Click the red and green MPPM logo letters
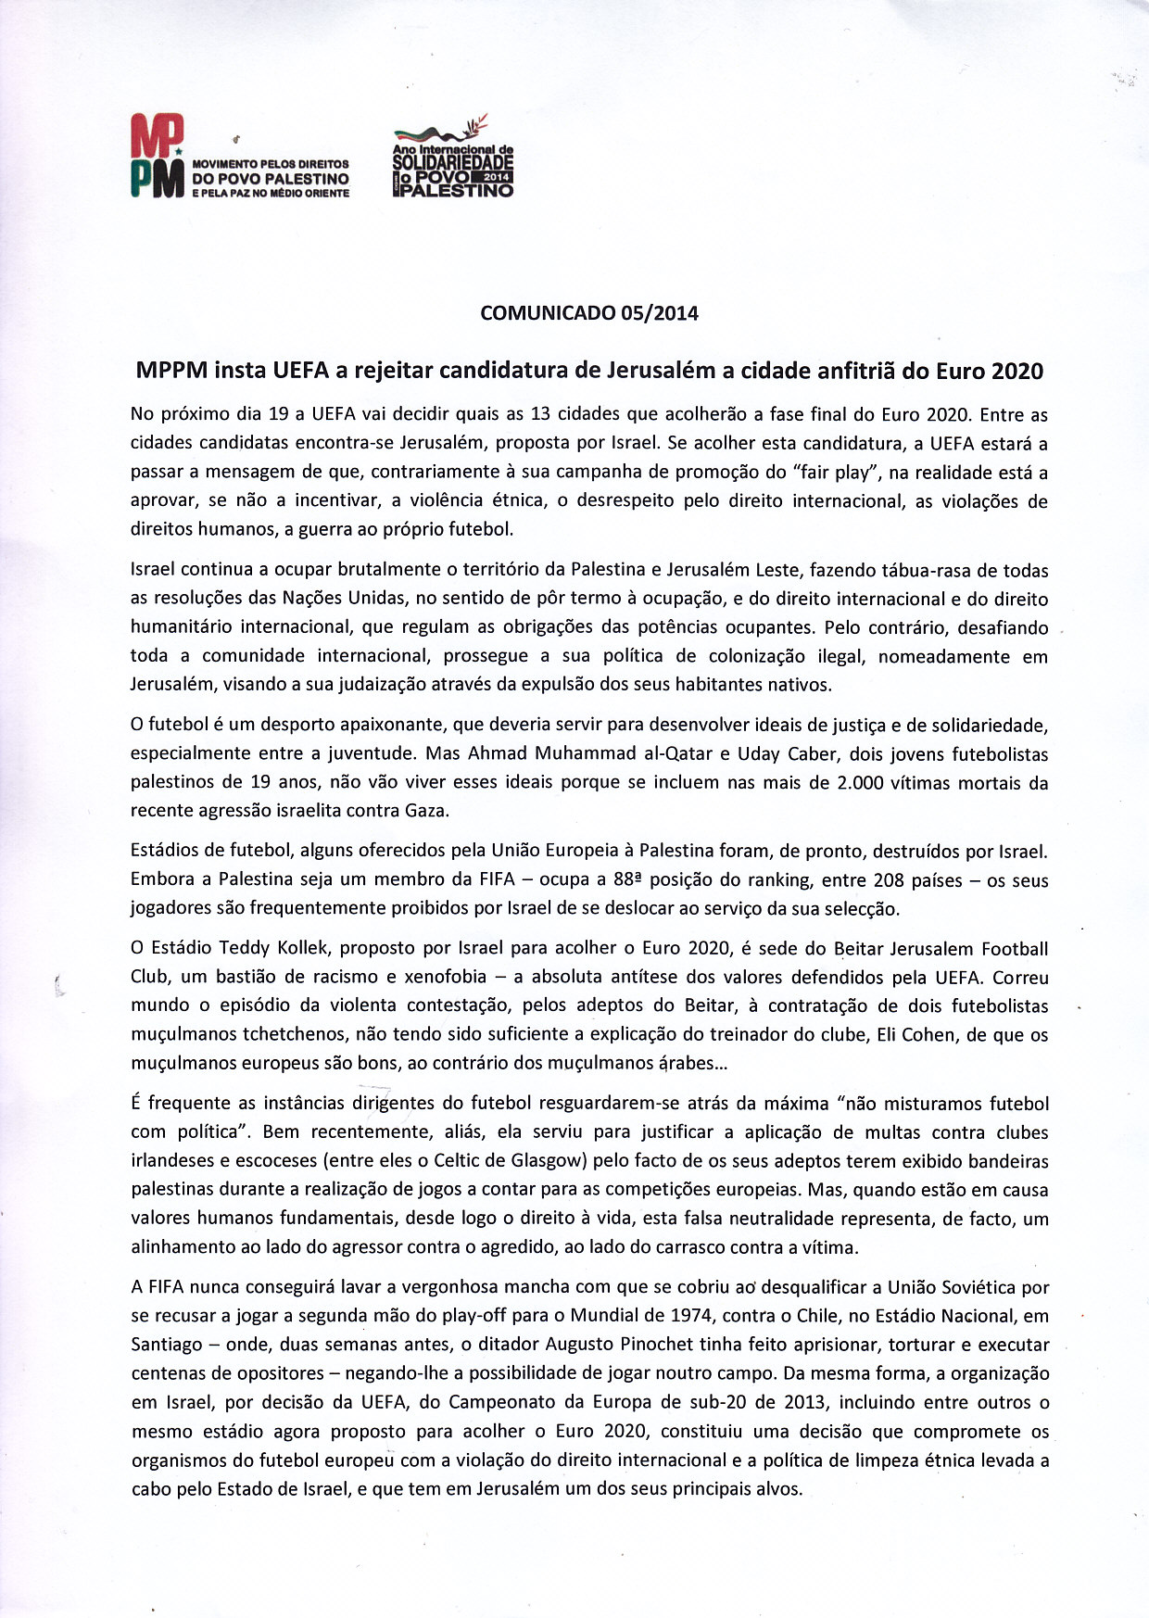[157, 155]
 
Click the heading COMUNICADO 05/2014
[589, 313]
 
